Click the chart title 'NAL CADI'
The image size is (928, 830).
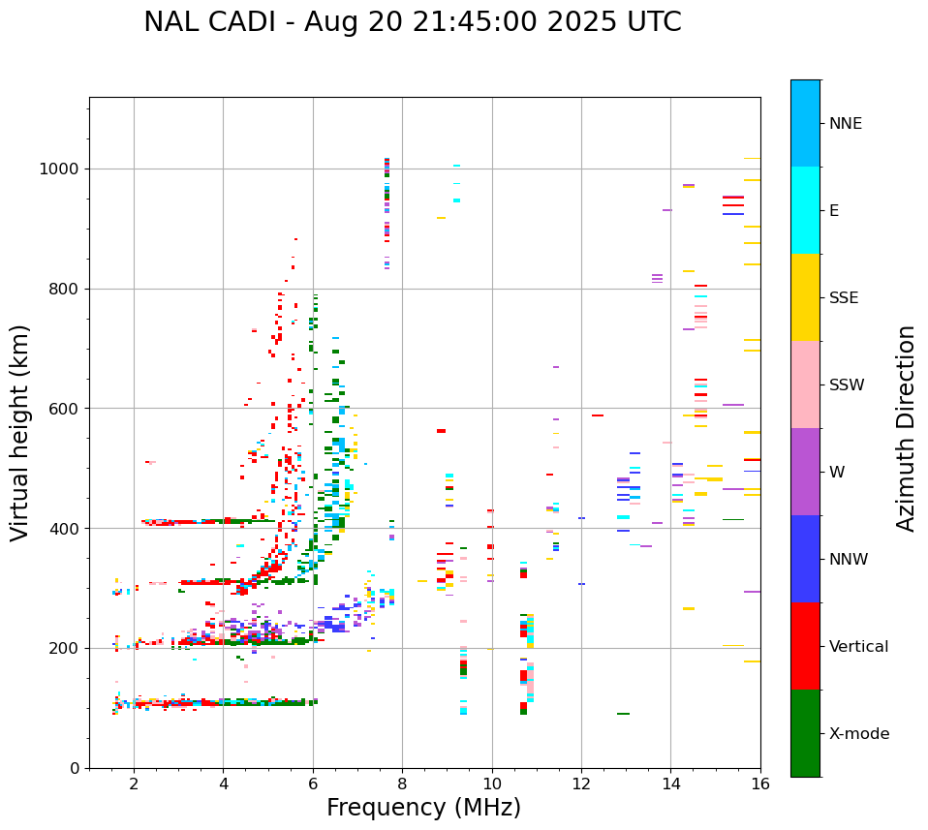click(x=212, y=22)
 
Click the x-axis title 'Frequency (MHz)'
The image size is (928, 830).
click(x=423, y=808)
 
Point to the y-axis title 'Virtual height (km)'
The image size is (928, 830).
click(x=20, y=432)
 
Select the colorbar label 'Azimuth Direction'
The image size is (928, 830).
click(x=906, y=428)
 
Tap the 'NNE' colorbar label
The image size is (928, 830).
click(x=845, y=124)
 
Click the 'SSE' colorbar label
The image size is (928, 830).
click(x=843, y=298)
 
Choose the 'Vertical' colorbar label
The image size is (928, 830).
click(x=858, y=647)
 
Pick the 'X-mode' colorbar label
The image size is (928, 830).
click(x=858, y=734)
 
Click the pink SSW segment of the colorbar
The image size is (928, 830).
click(x=805, y=384)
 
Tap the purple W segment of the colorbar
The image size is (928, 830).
click(x=805, y=472)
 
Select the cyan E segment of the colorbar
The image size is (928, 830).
click(x=805, y=210)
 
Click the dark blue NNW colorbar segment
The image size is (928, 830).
click(x=805, y=559)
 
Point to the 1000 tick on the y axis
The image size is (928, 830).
click(x=62, y=169)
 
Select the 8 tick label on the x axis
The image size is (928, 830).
click(x=402, y=784)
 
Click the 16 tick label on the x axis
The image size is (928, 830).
click(x=760, y=784)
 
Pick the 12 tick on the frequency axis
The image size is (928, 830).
click(x=581, y=784)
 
